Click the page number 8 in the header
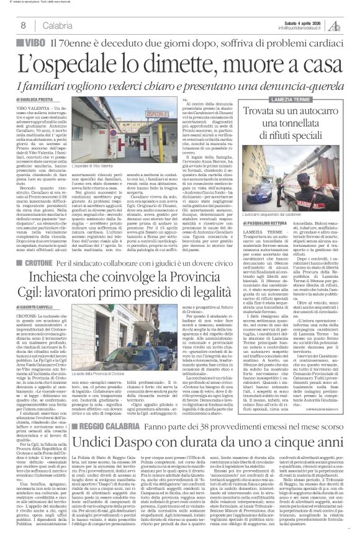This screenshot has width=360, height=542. pyautogui.click(x=23, y=25)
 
